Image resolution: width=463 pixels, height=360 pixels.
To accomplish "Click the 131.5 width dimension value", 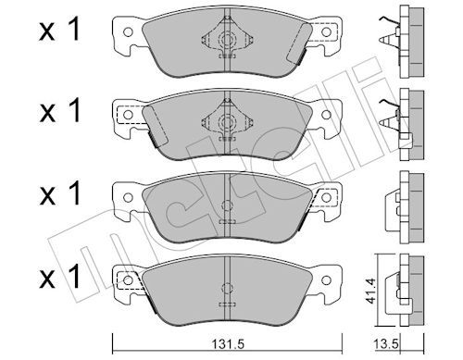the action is click(227, 343).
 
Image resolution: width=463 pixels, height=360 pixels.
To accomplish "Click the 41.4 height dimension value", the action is click(370, 291).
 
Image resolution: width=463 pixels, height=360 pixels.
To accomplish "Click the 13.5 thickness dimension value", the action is click(383, 343).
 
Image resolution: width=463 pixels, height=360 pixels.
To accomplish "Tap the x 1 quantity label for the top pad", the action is click(59, 30).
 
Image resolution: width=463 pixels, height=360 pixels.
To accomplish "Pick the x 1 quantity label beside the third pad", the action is click(59, 193).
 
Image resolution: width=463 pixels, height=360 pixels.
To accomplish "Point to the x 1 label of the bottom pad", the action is click(59, 277).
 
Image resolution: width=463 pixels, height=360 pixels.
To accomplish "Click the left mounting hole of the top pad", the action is click(128, 31).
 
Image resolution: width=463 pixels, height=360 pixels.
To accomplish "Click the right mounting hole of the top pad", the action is click(326, 31).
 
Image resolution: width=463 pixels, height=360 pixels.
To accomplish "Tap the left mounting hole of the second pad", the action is click(128, 115).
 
